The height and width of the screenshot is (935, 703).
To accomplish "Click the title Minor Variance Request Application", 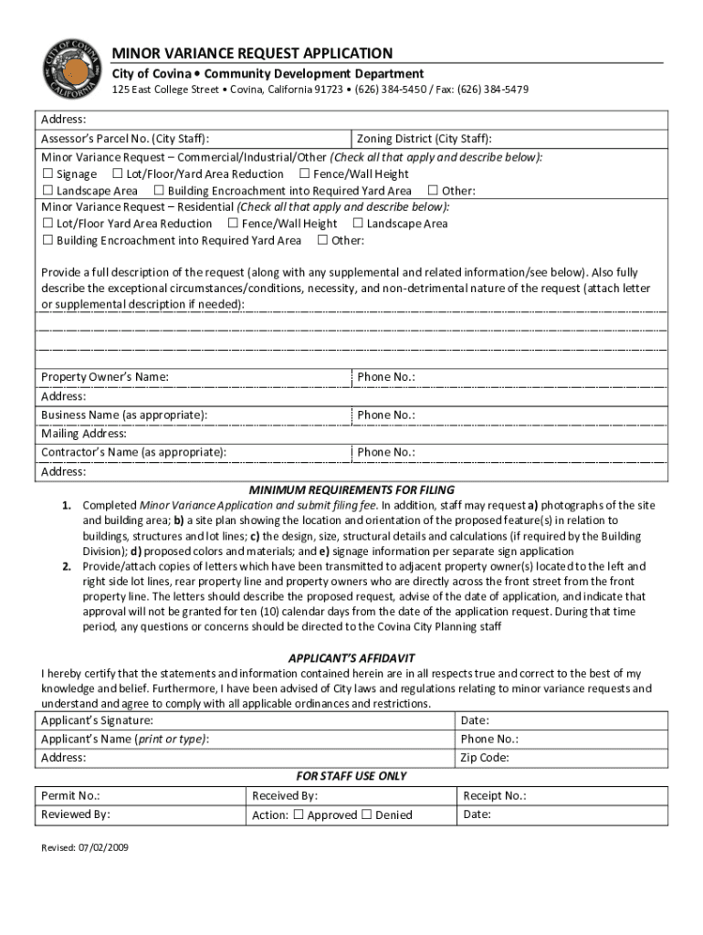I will [252, 53].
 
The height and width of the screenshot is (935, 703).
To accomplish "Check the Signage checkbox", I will [47, 173].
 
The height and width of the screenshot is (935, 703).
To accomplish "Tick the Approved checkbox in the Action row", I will [299, 814].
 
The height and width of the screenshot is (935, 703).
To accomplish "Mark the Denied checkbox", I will [367, 814].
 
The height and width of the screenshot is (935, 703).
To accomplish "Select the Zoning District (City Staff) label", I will [425, 139].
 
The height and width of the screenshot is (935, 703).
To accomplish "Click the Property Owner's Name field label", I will [104, 377].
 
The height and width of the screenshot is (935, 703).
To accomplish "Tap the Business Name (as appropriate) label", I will [123, 415].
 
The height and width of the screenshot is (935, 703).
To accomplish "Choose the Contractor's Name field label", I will [133, 452].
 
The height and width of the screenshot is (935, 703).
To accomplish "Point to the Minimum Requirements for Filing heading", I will [351, 489].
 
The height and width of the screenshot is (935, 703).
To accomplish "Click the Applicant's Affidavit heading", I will [351, 657].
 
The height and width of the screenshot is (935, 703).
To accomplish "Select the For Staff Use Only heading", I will [351, 776].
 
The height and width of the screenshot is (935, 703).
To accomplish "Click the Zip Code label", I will [485, 758].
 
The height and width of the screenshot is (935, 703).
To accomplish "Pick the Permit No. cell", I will [70, 795].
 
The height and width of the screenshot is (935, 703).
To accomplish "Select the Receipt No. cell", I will [494, 795].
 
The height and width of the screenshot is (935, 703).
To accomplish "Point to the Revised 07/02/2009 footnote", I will [85, 847].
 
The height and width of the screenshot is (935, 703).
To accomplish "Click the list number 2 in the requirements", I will [67, 566].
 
